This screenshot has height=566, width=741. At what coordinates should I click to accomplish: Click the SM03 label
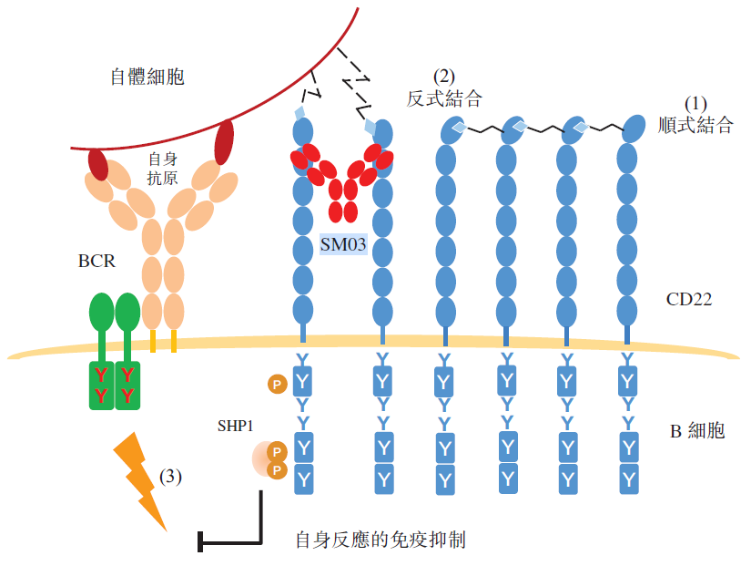pos(342,244)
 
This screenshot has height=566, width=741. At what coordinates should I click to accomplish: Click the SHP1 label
pos(235,426)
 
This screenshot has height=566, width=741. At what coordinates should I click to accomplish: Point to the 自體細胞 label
pos(147,77)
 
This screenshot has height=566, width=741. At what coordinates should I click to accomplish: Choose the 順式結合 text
pos(695,125)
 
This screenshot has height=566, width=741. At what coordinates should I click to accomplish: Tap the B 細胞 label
pos(697,430)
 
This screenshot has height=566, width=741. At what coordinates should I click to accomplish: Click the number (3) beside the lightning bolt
pos(171,476)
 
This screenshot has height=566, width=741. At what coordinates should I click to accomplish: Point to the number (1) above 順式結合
pos(695,104)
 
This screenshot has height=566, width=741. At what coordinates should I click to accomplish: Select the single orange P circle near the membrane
pos(275,384)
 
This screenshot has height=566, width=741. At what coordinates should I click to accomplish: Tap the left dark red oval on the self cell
pos(98,164)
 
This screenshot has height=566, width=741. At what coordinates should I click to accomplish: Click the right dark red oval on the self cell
pos(224,141)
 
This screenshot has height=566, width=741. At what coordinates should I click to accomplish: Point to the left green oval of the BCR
pos(102,313)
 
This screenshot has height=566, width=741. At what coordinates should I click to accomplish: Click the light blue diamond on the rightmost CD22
pos(578,129)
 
